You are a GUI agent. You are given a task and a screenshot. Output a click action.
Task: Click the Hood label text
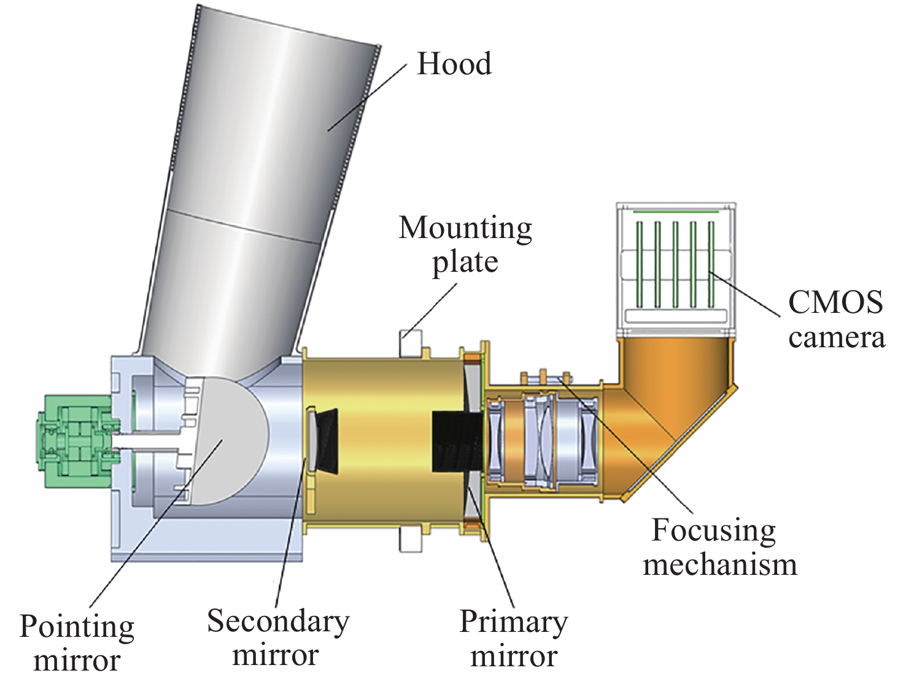tap(454, 64)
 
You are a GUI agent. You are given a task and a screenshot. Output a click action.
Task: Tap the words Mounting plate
tap(465, 245)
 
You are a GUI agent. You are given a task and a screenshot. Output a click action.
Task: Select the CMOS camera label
tap(836, 319)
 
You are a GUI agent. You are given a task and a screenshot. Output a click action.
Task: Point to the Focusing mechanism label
tap(719, 547)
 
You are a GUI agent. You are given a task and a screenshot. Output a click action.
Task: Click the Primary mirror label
tap(513, 638)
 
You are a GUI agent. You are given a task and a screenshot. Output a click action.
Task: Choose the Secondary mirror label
tap(277, 638)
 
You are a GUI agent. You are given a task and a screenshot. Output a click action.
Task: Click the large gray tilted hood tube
tap(258, 184)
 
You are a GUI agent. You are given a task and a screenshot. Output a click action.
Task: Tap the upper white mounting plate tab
tap(411, 342)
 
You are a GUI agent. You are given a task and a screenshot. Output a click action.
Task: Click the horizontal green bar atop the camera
tap(675, 212)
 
